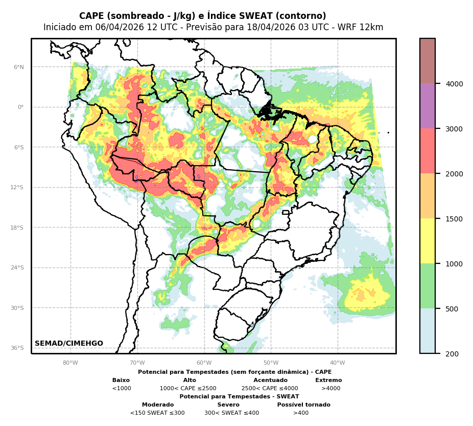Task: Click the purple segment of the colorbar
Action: tap(428, 106)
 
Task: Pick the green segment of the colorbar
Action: tap(428, 286)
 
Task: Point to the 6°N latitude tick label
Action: tap(18, 67)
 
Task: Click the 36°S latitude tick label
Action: tap(17, 348)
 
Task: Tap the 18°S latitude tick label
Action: tap(17, 228)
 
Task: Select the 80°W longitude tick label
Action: tap(70, 363)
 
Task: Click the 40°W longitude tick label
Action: tap(338, 363)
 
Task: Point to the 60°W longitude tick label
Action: tap(204, 363)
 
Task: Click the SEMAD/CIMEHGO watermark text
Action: tap(69, 344)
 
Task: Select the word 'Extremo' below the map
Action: tap(328, 380)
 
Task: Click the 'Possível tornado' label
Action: tap(303, 405)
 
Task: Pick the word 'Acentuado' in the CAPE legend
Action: tap(270, 380)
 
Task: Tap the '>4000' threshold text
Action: tap(330, 389)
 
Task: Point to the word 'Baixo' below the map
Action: tap(121, 380)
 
